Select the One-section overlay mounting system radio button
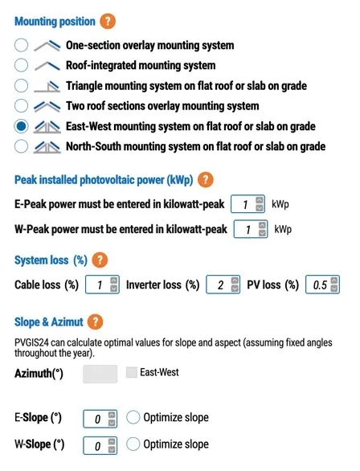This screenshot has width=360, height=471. coord(22,45)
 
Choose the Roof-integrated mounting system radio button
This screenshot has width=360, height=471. coord(22,65)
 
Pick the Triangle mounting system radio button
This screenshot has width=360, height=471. coord(22,86)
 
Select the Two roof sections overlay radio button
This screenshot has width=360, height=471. coord(22,106)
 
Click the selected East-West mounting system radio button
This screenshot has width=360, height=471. coord(22,126)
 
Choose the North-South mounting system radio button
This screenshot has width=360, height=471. coord(22,146)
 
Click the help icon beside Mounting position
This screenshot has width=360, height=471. coord(108,22)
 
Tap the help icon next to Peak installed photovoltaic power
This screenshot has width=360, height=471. coord(206,180)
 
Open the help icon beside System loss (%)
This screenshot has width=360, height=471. coord(100,260)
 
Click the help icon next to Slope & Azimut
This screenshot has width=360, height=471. coord(95,322)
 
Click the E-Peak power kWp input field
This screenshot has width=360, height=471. coord(243,205)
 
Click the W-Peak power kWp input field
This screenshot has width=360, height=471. coord(247,230)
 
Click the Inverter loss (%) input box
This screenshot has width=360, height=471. coord(217,285)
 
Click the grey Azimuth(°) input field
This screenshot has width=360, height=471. coord(100,374)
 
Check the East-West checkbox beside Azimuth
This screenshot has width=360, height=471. coord(133,373)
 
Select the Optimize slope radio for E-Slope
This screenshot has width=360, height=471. coord(133,418)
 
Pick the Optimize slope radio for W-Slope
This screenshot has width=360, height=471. coord(133,444)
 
